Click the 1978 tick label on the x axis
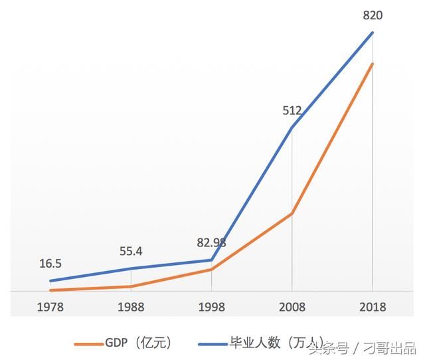tap(51, 308)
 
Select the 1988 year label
tap(131, 308)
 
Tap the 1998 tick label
tap(211, 308)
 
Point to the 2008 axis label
tap(292, 308)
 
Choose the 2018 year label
tap(372, 308)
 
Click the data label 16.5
tap(51, 264)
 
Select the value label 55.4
tap(131, 252)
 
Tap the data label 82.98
tap(211, 243)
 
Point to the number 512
tap(292, 111)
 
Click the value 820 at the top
tap(372, 15)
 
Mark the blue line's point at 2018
tap(373, 32)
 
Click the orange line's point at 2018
tap(373, 64)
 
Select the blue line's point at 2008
tap(292, 127)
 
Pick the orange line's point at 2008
tap(292, 213)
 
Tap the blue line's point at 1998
tap(212, 260)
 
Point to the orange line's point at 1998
tap(212, 269)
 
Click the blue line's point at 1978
tap(51, 281)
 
